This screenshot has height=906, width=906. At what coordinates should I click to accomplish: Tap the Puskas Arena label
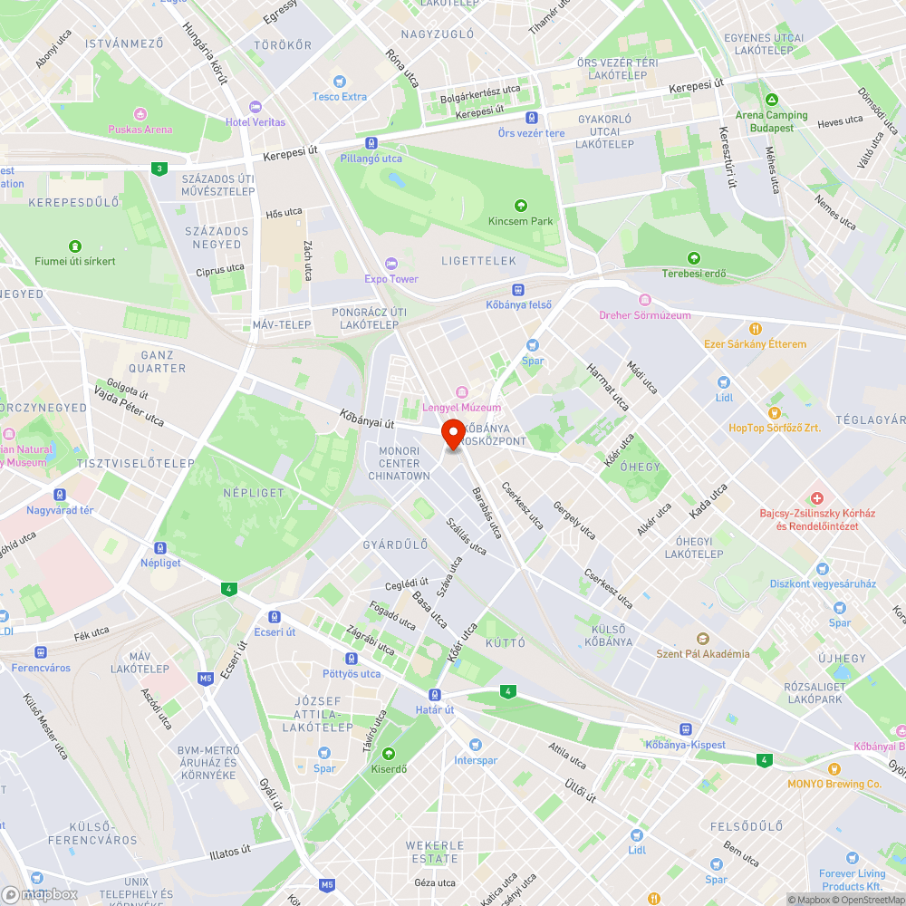point(140,130)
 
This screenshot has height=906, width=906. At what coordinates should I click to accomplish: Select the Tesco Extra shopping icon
point(340,82)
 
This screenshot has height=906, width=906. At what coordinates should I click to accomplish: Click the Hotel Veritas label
point(255,122)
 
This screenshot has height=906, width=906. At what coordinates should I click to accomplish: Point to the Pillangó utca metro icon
point(371,143)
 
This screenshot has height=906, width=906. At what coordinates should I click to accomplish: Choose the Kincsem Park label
point(520,221)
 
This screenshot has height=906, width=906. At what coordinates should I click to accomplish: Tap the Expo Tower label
point(391,279)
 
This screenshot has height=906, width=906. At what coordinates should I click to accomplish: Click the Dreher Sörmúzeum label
point(645,315)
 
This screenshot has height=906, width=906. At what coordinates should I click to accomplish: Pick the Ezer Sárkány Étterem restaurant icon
point(755,329)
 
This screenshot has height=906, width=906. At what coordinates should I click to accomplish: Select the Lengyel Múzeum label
point(461,408)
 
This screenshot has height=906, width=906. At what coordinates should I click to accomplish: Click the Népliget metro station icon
point(160,548)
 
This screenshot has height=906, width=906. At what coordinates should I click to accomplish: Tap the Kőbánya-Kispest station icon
point(686,729)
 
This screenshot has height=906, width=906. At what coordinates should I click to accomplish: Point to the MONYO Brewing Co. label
point(834,784)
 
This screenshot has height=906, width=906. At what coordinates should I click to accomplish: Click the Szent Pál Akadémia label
point(703,653)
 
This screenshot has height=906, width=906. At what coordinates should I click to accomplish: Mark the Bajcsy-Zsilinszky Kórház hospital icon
point(817,498)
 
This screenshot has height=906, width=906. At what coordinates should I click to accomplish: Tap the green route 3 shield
point(159,169)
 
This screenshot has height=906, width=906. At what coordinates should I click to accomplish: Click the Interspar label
point(476,760)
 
